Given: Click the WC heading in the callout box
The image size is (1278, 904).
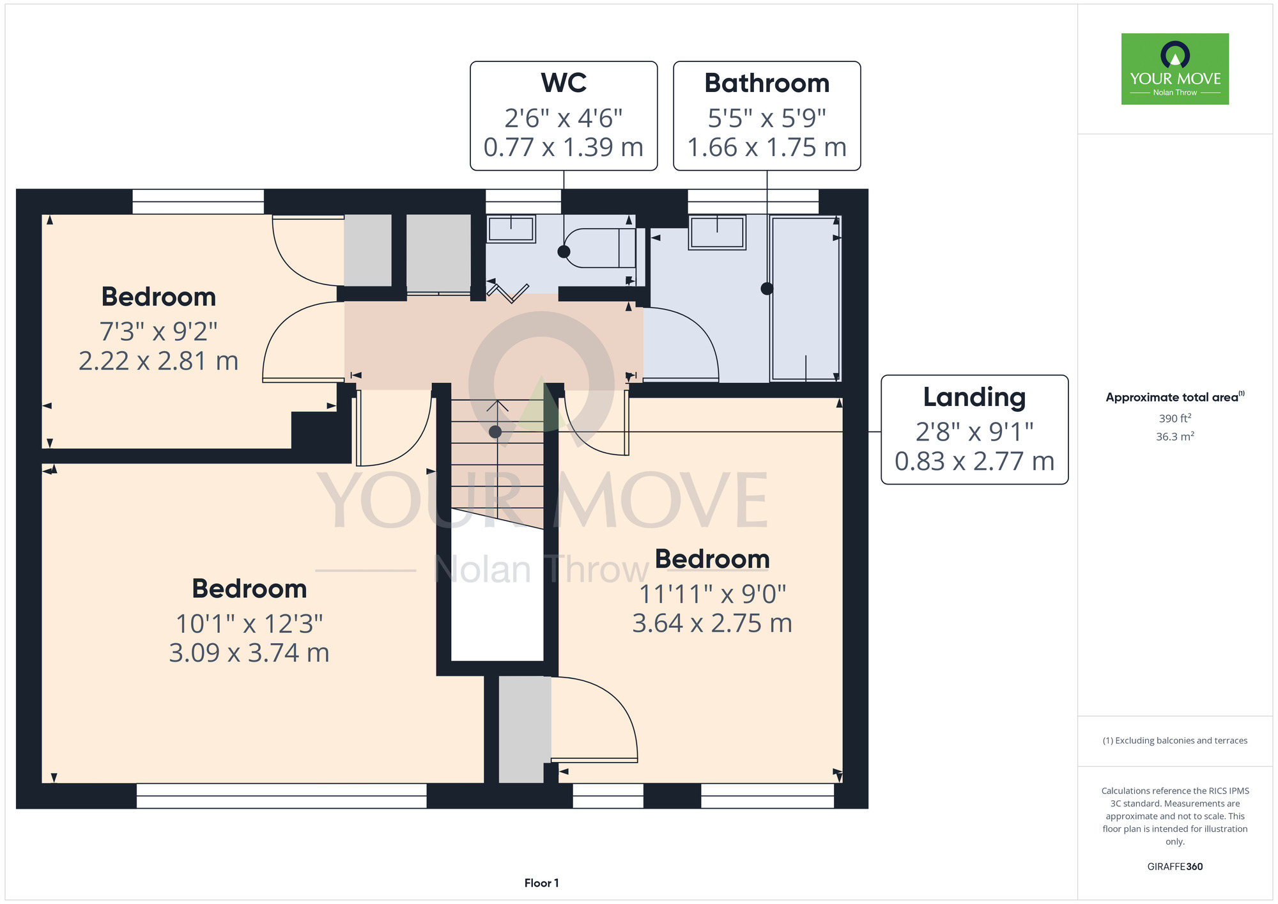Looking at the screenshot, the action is point(564,83).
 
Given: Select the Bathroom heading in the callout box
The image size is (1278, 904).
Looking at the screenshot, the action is point(767,83).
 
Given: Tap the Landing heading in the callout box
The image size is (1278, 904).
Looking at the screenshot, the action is point(974,398).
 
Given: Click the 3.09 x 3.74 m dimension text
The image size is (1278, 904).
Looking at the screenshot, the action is point(249,653).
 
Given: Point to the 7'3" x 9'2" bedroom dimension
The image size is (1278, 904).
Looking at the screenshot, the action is point(158,331).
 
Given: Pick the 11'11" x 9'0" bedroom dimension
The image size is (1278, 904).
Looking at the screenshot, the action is point(712,594).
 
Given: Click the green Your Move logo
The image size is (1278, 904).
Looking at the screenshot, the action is point(1175,69).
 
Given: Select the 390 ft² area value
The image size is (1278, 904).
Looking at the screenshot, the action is point(1175,418).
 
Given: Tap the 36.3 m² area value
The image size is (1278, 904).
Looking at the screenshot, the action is point(1175,436).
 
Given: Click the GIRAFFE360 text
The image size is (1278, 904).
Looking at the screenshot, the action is point(1175,867).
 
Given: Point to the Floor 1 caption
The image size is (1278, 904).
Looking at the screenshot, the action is point(541,883).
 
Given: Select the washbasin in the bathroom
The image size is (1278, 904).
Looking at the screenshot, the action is point(717,232).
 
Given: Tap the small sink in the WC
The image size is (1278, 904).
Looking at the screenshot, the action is point(511,229).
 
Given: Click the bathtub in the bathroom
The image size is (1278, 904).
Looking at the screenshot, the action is point(805,299).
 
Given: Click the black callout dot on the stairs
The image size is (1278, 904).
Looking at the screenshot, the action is point(495,432).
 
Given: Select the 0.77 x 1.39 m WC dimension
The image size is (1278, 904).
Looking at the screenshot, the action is point(564,147).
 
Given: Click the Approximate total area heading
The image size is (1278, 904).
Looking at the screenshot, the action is point(1175,397).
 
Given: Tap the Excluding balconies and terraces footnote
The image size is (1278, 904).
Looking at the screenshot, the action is point(1175,740).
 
